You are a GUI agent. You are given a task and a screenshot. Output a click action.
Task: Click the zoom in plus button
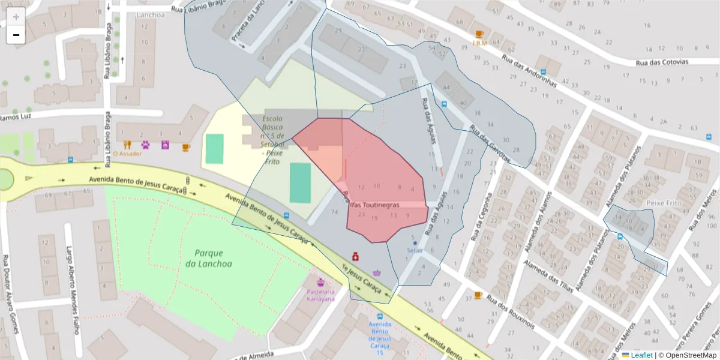click(16, 17)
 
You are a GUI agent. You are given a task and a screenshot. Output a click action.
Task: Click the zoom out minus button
click(16, 35)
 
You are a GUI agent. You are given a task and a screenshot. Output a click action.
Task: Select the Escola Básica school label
click(277, 139)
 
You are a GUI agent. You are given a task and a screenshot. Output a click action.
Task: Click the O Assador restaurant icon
click(127, 145)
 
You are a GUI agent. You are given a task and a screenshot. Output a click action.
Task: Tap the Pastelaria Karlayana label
click(320, 295)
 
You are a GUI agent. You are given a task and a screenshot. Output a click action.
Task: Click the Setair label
click(415, 250)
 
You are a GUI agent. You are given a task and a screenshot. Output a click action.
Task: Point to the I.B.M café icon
click(479, 34)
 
